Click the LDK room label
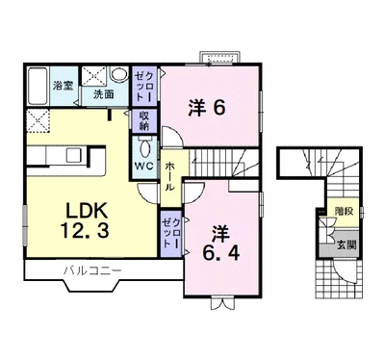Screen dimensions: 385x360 [x=86, y=212]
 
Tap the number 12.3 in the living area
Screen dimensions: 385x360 [x=85, y=231]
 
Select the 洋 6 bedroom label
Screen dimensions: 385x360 [x=207, y=108]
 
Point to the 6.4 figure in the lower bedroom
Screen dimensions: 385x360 [x=220, y=254]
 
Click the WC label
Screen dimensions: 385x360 [x=143, y=166]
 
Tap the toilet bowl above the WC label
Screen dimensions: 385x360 [x=144, y=149]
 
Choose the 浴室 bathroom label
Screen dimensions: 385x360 [x=64, y=86]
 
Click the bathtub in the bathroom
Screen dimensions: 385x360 [x=38, y=86]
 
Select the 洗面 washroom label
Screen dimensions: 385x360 [x=103, y=94]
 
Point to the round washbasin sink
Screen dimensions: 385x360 [x=119, y=74]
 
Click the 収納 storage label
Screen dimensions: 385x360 [x=144, y=121]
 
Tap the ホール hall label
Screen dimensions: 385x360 [x=169, y=177]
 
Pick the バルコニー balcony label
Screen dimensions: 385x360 [x=92, y=270]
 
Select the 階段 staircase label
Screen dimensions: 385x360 [x=345, y=212]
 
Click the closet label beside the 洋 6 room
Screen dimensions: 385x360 [x=144, y=86]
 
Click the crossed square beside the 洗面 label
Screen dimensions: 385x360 [x=93, y=76]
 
